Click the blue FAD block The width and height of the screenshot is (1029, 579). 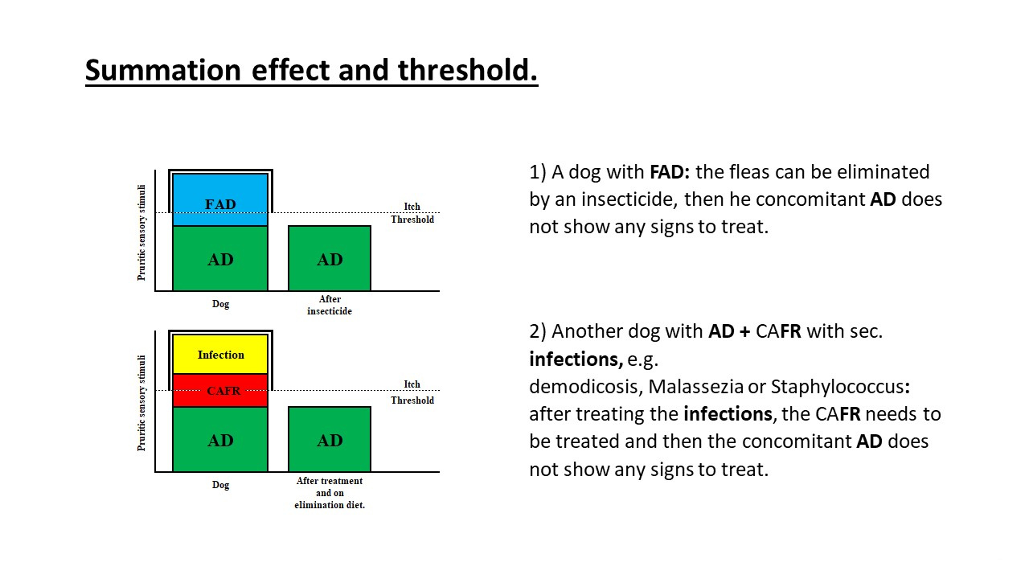point(220,199)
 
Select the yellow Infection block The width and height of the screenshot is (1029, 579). point(220,355)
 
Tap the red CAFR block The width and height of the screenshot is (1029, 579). point(220,390)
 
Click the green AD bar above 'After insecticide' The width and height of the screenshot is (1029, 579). point(330,259)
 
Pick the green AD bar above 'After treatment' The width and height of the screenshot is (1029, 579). point(330,440)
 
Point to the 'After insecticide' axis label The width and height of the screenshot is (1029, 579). point(330,305)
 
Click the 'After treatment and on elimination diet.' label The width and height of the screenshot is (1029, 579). point(330,493)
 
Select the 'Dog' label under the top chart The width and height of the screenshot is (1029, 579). point(220,304)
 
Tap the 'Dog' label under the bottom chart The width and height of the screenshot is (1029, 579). point(220,485)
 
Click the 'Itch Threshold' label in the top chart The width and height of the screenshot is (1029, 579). point(412,213)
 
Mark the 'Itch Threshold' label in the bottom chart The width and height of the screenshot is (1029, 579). point(412,392)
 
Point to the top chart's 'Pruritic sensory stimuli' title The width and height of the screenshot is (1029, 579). point(142,232)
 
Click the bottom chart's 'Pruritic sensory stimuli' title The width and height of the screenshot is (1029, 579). point(142,403)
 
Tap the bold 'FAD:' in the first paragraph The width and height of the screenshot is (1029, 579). point(670,172)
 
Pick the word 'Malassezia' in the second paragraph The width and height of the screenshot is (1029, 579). point(695,387)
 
